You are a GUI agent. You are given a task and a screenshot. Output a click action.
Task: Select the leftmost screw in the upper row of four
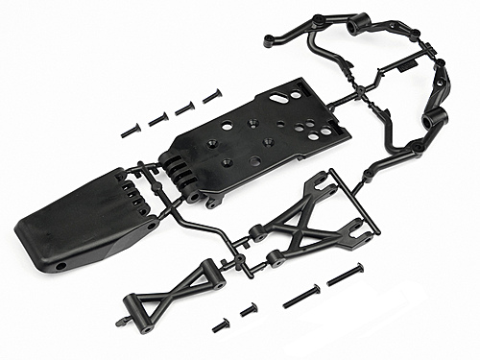(132, 128)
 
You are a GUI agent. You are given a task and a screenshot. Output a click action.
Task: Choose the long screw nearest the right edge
(345, 276)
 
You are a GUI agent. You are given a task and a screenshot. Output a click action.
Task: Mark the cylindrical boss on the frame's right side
(434, 120)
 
